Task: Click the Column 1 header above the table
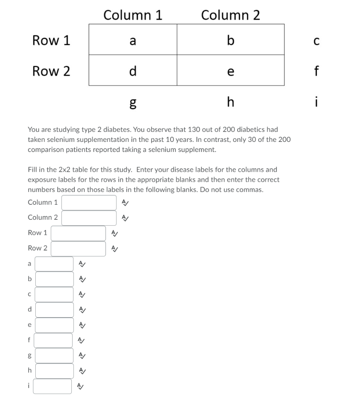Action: pyautogui.click(x=133, y=15)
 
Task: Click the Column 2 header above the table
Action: pyautogui.click(x=230, y=15)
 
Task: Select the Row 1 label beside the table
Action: pyautogui.click(x=51, y=40)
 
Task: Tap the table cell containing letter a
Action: pyautogui.click(x=133, y=40)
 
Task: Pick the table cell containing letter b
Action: pyautogui.click(x=230, y=40)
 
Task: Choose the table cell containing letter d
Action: pyautogui.click(x=133, y=70)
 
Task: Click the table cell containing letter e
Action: pyautogui.click(x=230, y=70)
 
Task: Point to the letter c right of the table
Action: pyautogui.click(x=316, y=40)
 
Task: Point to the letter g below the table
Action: pyautogui.click(x=133, y=102)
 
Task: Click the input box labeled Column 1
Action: pyautogui.click(x=89, y=202)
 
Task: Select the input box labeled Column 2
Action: pyautogui.click(x=89, y=217)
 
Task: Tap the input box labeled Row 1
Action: pyautogui.click(x=78, y=233)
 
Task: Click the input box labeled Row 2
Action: pyautogui.click(x=78, y=249)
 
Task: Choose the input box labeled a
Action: pyautogui.click(x=54, y=264)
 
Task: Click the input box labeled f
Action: pyautogui.click(x=53, y=340)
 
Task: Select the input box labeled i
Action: pyautogui.click(x=52, y=386)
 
